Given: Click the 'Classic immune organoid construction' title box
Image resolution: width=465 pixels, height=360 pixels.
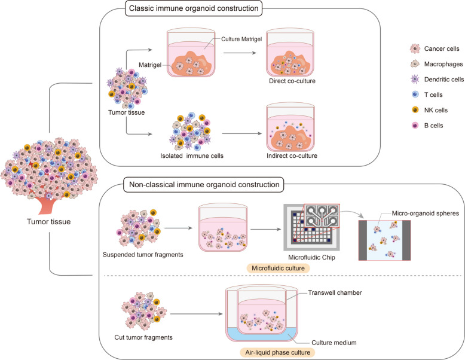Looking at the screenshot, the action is click(194, 8).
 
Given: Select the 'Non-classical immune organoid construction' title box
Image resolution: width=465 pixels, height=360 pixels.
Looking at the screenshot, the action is click(204, 185).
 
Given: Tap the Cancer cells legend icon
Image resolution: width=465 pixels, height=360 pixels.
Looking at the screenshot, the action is click(415, 48).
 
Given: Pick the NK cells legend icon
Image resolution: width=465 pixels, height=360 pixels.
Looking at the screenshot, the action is click(415, 110).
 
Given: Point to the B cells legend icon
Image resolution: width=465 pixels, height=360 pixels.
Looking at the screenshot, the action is click(415, 126).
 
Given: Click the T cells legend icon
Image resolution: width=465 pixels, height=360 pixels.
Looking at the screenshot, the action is click(415, 94).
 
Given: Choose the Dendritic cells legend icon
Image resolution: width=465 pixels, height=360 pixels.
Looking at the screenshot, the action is click(415, 80).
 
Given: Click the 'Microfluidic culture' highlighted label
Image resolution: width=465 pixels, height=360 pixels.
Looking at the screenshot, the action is click(278, 269).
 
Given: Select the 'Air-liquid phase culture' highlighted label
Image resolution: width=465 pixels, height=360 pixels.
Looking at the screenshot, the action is click(278, 353).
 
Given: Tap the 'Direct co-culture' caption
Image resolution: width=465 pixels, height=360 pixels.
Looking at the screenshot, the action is click(292, 81).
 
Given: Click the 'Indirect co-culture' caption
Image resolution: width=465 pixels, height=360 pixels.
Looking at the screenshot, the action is click(292, 156).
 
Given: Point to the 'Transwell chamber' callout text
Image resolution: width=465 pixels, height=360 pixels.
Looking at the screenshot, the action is click(335, 293).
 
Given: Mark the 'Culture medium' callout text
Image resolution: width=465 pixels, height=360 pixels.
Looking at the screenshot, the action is click(334, 343).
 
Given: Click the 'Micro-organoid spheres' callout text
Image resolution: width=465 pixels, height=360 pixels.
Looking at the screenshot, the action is click(426, 213).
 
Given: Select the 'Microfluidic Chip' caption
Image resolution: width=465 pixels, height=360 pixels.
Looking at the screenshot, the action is click(311, 258).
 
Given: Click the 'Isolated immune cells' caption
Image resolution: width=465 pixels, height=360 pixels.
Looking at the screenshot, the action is click(192, 156).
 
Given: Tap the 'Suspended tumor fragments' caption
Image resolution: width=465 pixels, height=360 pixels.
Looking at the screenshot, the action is click(143, 255).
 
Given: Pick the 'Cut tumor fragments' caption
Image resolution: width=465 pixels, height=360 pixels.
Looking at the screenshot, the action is click(143, 337).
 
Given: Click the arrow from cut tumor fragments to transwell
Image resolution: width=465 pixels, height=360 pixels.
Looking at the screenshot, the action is click(196, 314).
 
